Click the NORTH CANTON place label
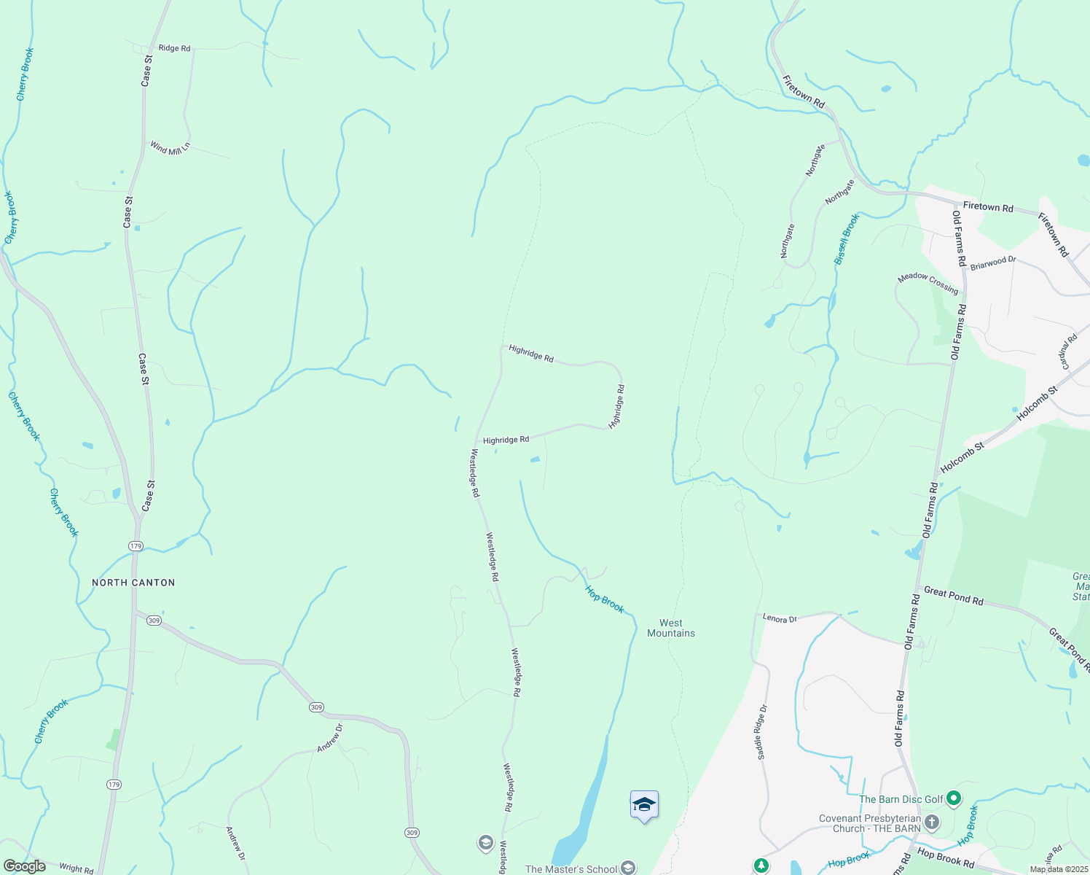tap(133, 583)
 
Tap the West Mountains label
tap(671, 628)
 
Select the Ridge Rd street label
tap(174, 48)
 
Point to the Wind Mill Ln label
tap(170, 147)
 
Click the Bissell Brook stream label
tap(847, 238)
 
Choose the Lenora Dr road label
tap(780, 619)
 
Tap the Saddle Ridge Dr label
tap(762, 732)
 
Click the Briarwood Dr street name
tap(992, 262)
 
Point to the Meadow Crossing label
tap(928, 283)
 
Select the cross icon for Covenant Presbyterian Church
tap(931, 823)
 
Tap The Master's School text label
tap(571, 868)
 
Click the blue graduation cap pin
tap(644, 805)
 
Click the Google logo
tap(24, 866)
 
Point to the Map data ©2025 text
tap(1059, 869)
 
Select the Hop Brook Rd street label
tap(945, 857)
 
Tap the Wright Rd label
tap(76, 868)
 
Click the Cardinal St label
tap(1069, 351)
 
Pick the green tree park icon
tap(761, 866)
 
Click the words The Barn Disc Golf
tap(901, 799)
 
